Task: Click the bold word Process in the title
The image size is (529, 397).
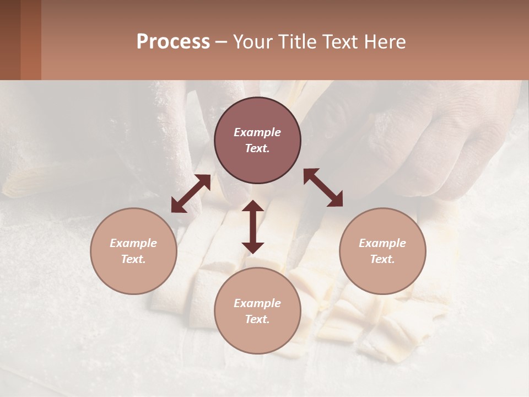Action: [x=173, y=42]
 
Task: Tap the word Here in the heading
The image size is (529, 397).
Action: [x=385, y=42]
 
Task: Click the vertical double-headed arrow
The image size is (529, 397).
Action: [x=253, y=227]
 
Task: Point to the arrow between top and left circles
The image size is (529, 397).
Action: [x=191, y=194]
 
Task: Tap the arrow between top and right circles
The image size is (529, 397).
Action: [x=323, y=187]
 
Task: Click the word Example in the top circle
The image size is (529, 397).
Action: [x=257, y=132]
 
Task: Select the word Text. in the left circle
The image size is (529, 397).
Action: [x=133, y=259]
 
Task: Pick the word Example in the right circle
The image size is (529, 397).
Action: [x=382, y=243]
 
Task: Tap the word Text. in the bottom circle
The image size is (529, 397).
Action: [x=257, y=319]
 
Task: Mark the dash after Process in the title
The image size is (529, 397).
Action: [x=221, y=42]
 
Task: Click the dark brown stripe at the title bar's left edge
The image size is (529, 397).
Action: [x=10, y=40]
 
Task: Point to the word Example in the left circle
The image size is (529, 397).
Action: [x=133, y=243]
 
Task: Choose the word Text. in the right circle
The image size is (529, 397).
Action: [x=382, y=259]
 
